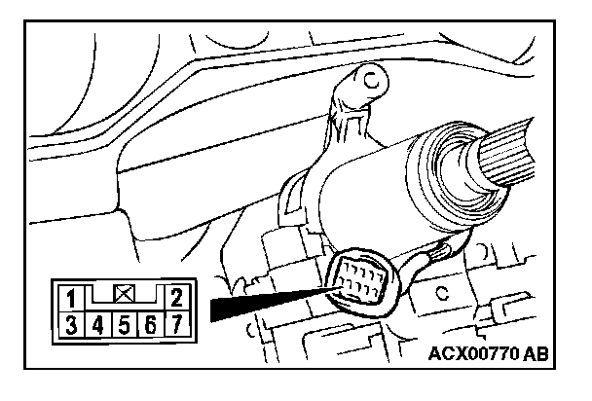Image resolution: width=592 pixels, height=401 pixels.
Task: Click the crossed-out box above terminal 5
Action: (125, 290)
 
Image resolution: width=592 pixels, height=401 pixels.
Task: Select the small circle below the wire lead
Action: (443, 291)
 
